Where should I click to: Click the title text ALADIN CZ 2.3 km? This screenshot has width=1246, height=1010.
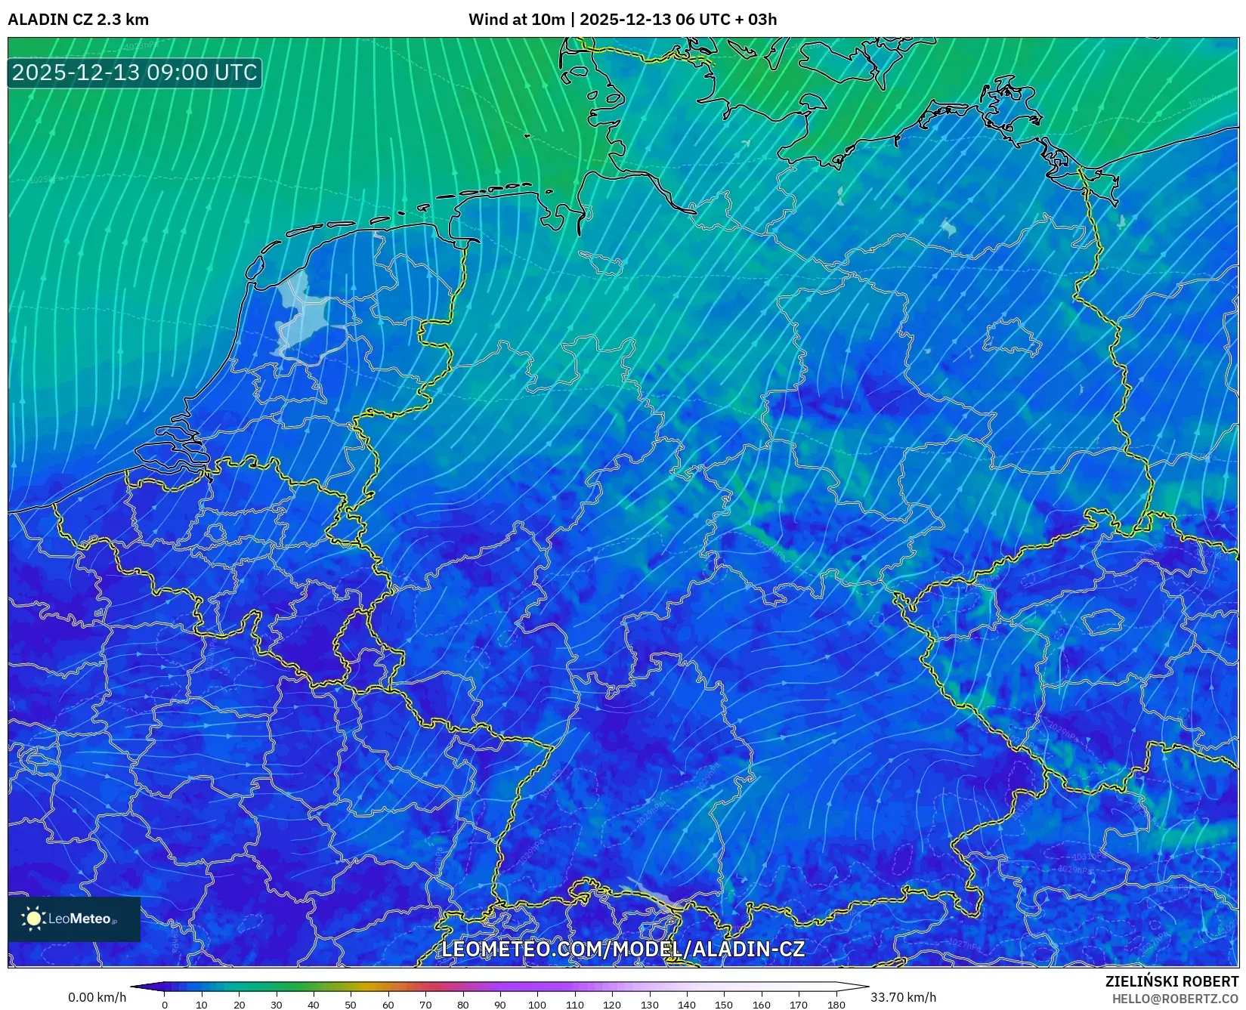tap(78, 20)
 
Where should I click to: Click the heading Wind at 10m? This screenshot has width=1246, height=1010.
tap(516, 20)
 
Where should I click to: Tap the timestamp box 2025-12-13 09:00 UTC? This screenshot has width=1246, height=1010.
tap(134, 73)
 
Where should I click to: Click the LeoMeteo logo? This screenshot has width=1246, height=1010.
tap(74, 919)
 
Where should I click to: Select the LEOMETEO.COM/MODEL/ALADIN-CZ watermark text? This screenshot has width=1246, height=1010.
tap(623, 950)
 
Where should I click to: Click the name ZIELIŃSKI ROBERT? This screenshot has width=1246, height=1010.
tap(1171, 982)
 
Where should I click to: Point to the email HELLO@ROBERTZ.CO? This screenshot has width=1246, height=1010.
tap(1175, 999)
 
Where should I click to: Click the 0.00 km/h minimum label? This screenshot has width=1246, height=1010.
tap(97, 997)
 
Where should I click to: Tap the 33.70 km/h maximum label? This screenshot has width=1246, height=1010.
tap(903, 997)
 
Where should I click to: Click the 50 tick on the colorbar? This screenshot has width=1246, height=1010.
tap(351, 1005)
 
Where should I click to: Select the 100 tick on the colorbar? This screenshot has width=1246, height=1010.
tap(536, 1005)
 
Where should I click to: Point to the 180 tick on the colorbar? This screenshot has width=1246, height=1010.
tap(836, 1005)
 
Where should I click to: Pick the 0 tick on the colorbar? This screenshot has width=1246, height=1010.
tap(165, 1005)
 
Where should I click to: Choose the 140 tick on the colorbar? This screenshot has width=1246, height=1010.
tap(686, 1005)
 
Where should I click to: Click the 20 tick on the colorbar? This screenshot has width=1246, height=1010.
tap(239, 1005)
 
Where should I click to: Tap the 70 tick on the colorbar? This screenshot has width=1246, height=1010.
tap(425, 1005)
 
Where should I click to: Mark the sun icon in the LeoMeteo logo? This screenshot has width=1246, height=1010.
tap(34, 919)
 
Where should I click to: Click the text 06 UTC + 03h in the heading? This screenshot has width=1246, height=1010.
tap(726, 20)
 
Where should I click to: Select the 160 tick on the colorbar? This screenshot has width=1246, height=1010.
tap(761, 1005)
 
